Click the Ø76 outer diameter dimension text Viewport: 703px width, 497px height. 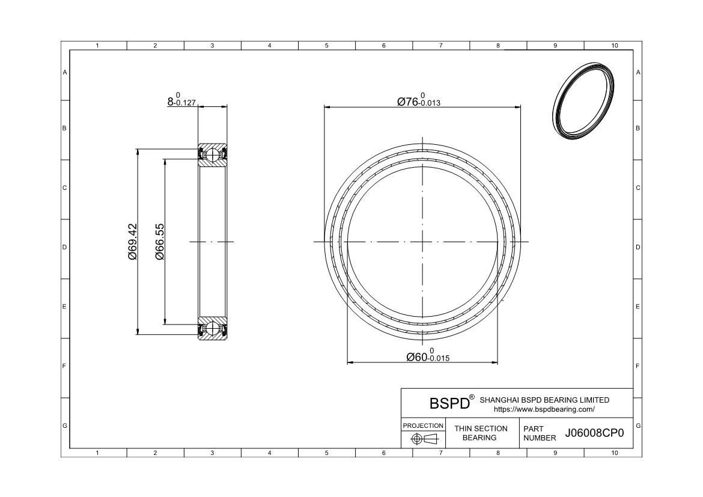[x=419, y=101]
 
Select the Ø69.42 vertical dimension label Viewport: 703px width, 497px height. [x=132, y=242]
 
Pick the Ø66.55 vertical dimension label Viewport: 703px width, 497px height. [x=160, y=242]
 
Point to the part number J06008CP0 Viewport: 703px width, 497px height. [x=595, y=434]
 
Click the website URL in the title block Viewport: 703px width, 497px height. [x=544, y=409]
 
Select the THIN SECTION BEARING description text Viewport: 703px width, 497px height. [x=480, y=433]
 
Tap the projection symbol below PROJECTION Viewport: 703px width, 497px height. [x=423, y=439]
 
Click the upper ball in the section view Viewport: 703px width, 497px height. [x=213, y=154]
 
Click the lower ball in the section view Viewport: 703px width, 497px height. [x=213, y=329]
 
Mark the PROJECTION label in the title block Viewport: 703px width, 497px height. [x=423, y=425]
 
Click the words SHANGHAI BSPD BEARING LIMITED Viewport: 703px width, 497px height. [x=544, y=400]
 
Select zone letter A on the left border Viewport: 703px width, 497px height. [x=65, y=72]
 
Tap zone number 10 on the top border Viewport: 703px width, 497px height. [x=614, y=46]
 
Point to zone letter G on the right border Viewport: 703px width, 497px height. [x=638, y=425]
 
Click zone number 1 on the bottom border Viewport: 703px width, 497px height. [x=98, y=453]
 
